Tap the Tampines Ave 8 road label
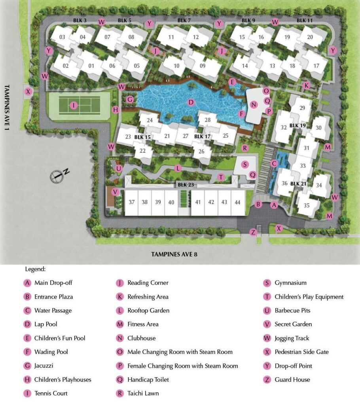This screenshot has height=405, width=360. click(x=174, y=254)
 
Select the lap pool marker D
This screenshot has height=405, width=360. click(x=191, y=102)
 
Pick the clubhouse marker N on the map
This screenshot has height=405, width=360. click(x=254, y=105)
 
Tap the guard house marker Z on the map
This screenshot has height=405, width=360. click(x=253, y=232)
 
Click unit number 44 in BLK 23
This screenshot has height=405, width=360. click(x=237, y=202)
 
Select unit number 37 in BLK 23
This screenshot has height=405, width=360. click(x=132, y=202)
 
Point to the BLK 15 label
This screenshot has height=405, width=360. click(x=142, y=137)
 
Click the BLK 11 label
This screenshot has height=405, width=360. click(x=304, y=20)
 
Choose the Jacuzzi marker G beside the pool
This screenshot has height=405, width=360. click(x=130, y=99)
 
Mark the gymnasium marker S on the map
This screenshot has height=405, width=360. click(x=245, y=164)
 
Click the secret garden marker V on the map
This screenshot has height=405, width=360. click(x=115, y=192)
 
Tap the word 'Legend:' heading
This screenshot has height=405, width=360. click(x=35, y=269)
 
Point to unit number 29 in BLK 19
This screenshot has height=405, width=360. click(x=303, y=108)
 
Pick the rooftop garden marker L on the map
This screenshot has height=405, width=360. click(x=178, y=168)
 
